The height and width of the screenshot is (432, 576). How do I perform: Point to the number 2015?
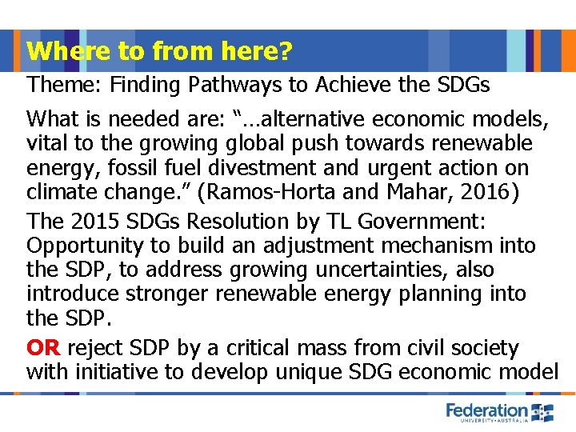pos(95,221)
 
